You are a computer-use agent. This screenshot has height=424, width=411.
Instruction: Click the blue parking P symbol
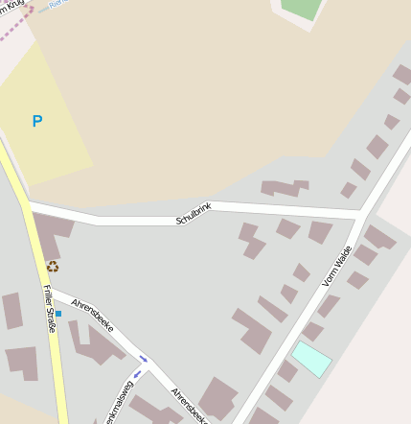point(37,121)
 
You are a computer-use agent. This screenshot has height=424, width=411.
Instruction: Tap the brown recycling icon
point(53,266)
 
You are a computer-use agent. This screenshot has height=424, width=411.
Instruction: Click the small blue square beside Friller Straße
point(58,314)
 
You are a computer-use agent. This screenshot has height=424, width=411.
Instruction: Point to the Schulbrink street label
point(193,214)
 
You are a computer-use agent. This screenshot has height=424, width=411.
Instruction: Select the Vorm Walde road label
point(337,266)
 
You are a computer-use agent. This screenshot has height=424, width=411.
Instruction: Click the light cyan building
point(311,359)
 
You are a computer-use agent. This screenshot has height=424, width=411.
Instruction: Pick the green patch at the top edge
point(300,8)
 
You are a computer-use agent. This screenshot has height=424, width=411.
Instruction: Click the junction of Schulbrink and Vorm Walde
point(358,218)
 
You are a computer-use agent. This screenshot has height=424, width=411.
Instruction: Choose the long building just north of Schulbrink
point(284,188)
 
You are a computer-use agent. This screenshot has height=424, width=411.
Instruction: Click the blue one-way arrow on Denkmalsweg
point(138,373)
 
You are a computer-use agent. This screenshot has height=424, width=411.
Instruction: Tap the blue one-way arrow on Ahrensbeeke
point(144,359)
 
